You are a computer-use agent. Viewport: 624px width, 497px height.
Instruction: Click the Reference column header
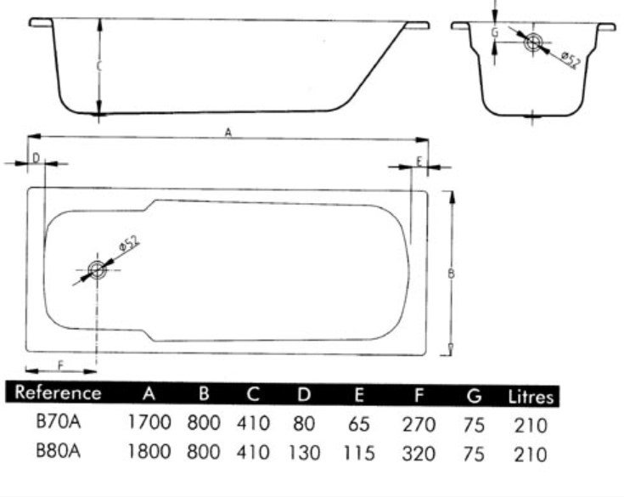58,393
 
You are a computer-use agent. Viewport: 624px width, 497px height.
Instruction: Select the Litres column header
531,396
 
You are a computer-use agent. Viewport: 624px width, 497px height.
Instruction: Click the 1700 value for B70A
149,422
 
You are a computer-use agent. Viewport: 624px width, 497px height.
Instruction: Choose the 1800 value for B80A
149,452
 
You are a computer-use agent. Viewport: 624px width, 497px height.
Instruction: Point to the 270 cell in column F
419,424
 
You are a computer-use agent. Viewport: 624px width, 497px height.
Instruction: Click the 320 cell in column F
419,453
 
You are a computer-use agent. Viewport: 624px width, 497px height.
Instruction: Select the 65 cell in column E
359,424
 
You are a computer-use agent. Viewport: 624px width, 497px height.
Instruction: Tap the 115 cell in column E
359,453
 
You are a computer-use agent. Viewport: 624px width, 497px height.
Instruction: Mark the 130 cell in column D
304,453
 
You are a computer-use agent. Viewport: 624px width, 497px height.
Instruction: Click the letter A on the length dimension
228,132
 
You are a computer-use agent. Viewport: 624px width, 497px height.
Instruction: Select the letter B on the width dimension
451,274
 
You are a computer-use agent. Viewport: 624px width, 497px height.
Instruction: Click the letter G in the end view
495,32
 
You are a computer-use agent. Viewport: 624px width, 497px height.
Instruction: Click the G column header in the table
474,395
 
